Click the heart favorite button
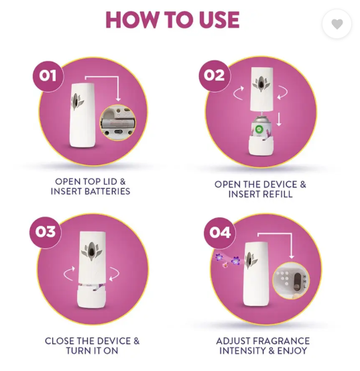coord(337,24)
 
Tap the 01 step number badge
coord(48,76)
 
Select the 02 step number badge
coord(214,76)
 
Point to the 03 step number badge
coord(46,232)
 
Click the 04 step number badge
coord(220,232)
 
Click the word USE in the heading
coord(219,20)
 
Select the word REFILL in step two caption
coord(278,194)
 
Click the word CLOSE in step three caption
coord(60,341)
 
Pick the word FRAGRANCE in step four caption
coord(282,341)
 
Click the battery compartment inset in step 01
coord(118,122)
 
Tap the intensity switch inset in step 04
coord(291,280)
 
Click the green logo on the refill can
coord(259,129)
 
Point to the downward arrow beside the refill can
coord(279,119)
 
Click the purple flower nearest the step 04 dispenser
coord(235,260)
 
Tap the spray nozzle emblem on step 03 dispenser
coord(91,251)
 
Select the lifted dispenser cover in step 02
coord(261,89)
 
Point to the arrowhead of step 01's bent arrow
coord(118,99)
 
